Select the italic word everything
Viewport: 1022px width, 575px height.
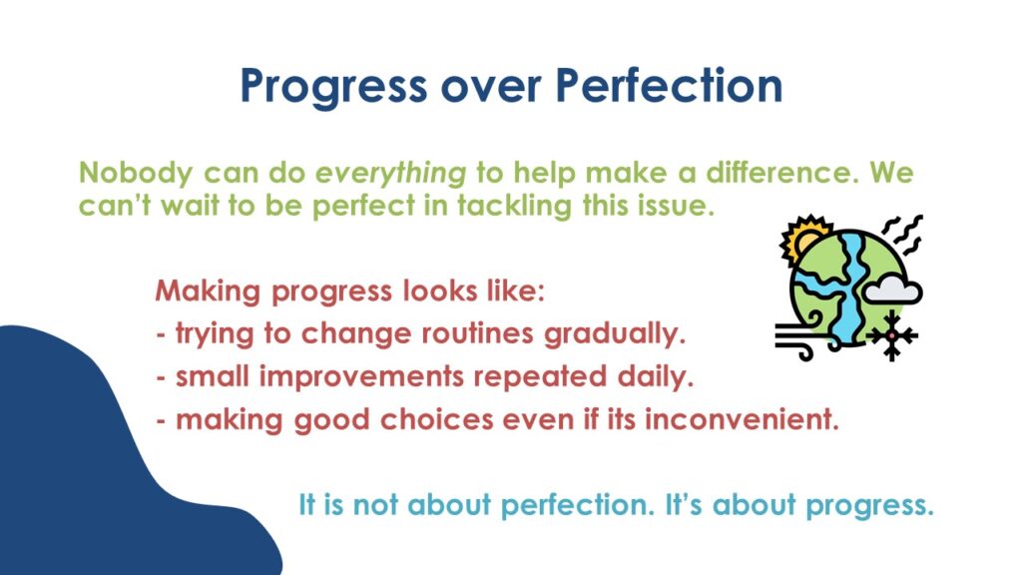[x=391, y=174]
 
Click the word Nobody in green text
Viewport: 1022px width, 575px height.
[x=136, y=173]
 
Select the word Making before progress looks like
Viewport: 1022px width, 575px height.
[x=208, y=291]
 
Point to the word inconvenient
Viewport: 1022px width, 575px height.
[x=742, y=419]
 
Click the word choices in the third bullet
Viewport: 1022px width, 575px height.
[x=437, y=419]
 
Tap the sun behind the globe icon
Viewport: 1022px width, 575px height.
[x=803, y=238]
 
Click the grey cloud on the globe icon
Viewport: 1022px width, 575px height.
[x=892, y=289]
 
